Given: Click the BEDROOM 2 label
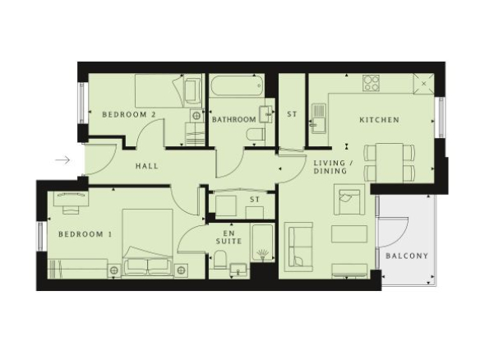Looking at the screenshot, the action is click(x=129, y=115).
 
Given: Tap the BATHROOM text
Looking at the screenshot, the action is click(x=234, y=119).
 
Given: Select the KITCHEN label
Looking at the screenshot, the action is click(x=379, y=120).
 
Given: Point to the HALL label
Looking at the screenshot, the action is click(x=147, y=166).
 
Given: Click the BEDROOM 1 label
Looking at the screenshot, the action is click(x=85, y=234).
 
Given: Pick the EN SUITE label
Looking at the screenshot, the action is click(x=228, y=238).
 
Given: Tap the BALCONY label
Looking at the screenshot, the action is click(x=407, y=256).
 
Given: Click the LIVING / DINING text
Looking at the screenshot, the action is click(x=333, y=167).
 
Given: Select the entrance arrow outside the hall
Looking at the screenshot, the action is click(x=62, y=159).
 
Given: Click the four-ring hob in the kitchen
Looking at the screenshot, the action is click(x=371, y=83).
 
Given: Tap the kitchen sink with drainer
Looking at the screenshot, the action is click(x=319, y=118).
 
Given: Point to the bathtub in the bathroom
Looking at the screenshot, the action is click(x=238, y=86).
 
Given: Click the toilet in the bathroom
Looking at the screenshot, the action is click(x=256, y=135).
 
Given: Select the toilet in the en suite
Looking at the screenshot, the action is click(x=219, y=259).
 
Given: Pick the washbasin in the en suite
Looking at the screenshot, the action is click(x=238, y=270).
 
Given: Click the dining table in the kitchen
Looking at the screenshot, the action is click(x=389, y=163).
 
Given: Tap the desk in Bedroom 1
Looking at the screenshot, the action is click(x=72, y=198).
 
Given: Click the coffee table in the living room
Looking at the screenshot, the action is click(x=349, y=234).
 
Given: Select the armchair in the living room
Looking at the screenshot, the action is click(x=349, y=200).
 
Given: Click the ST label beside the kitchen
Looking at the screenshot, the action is click(x=292, y=114).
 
